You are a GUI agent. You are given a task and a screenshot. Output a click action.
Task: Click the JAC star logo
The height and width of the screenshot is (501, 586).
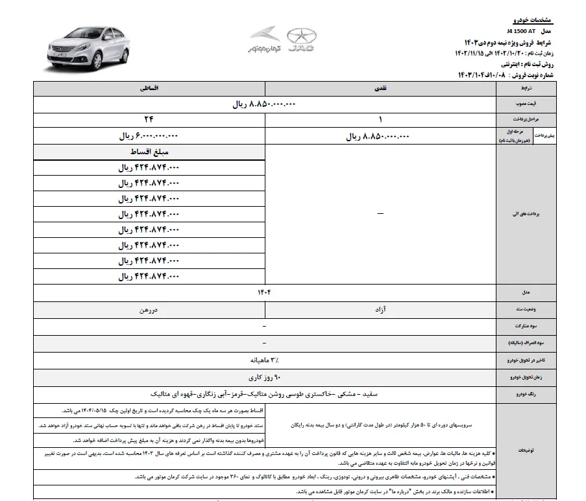pyautogui.click(x=297, y=37)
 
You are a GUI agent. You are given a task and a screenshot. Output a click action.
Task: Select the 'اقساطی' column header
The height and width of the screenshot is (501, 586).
pyautogui.click(x=148, y=86)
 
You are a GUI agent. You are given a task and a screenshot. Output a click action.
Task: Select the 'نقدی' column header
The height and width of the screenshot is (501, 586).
pyautogui.click(x=380, y=86)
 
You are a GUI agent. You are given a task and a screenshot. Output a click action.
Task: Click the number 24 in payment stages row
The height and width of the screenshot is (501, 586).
pyautogui.click(x=148, y=120)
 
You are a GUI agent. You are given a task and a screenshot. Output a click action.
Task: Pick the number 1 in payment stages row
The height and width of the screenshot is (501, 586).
pyautogui.click(x=380, y=120)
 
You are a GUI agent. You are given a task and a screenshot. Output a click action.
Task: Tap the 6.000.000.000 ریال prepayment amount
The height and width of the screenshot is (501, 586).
pyautogui.click(x=148, y=137)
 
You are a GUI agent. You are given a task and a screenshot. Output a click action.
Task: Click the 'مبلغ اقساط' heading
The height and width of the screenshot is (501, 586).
pyautogui.click(x=148, y=152)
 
